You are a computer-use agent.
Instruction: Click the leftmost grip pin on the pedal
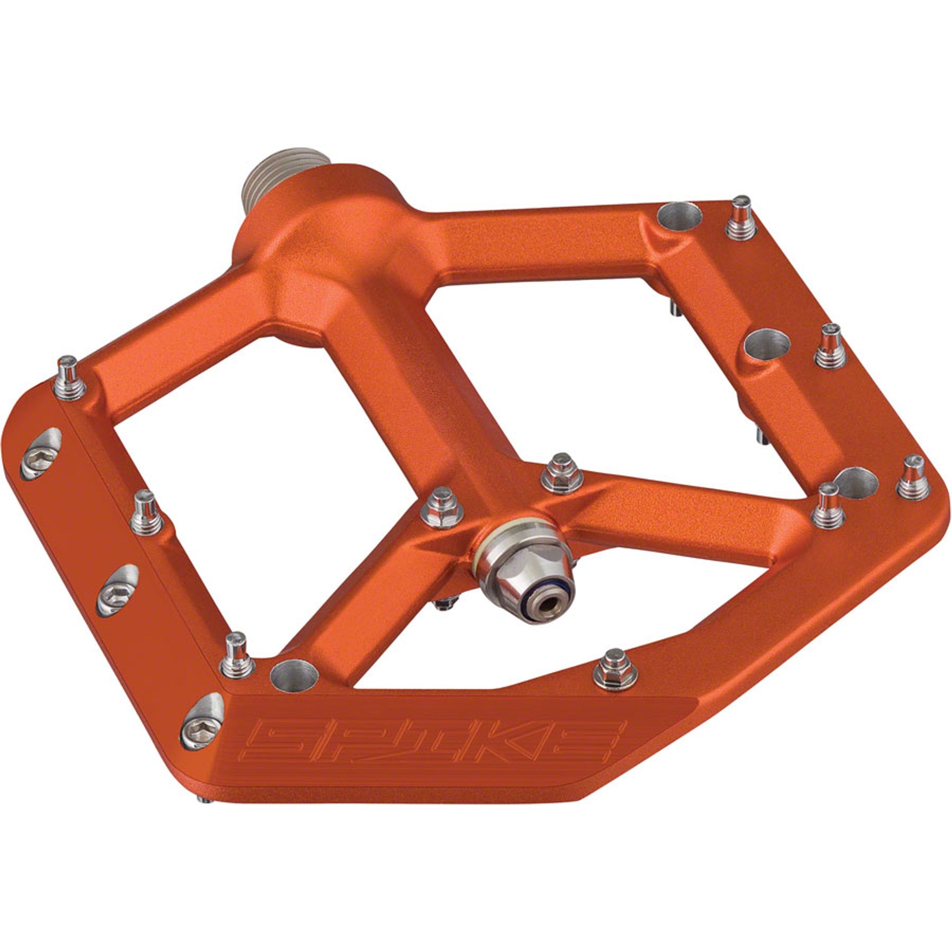pos(69,377)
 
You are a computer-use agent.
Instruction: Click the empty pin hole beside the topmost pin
pos(680,217)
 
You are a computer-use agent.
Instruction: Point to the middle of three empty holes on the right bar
pos(767,344)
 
